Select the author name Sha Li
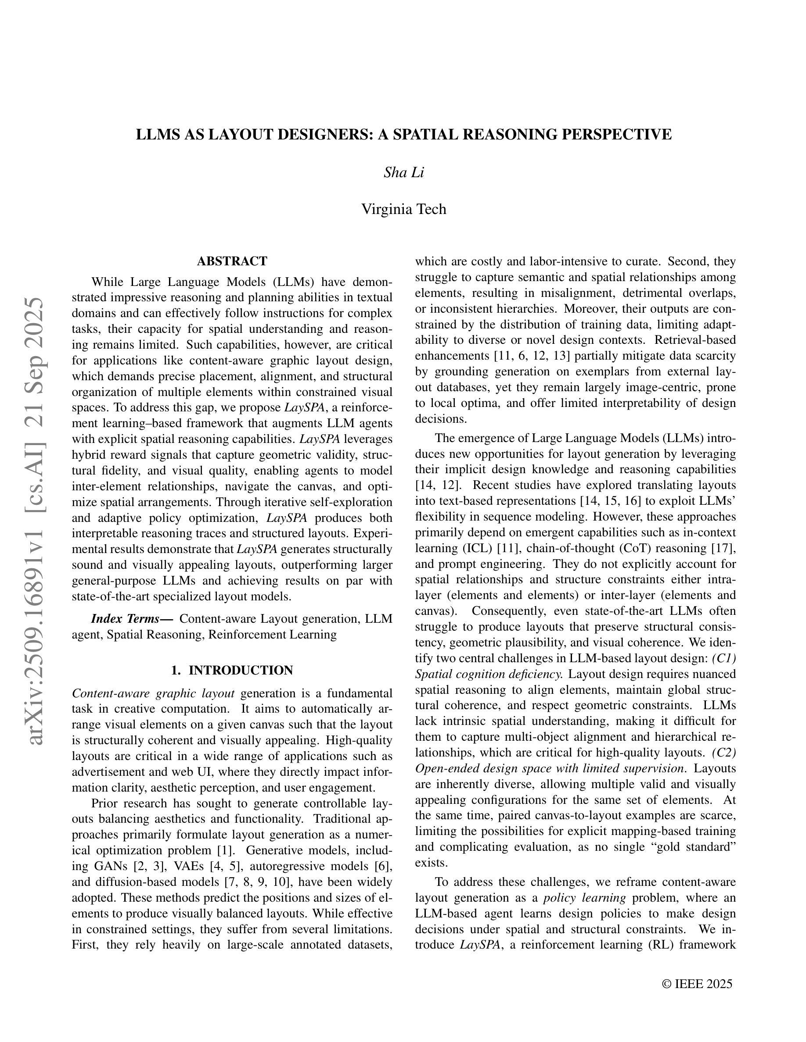pyautogui.click(x=403, y=172)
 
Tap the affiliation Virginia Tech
pyautogui.click(x=403, y=209)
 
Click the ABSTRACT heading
pyautogui.click(x=232, y=261)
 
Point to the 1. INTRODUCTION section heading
pyautogui.click(x=232, y=671)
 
